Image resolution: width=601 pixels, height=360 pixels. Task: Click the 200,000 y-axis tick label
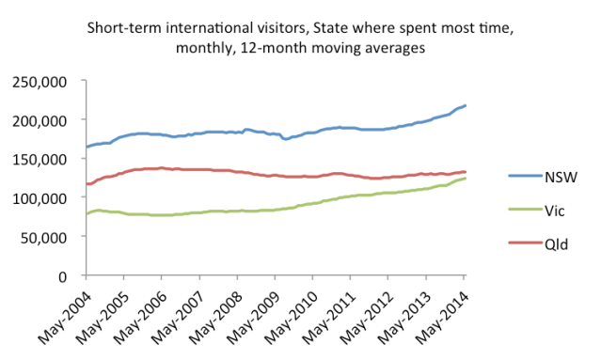pos(39,120)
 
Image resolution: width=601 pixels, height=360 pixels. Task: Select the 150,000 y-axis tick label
pos(39,159)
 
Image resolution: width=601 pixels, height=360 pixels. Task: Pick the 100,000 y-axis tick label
pos(39,198)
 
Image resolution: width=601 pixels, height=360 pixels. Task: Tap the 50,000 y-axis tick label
pos(43,237)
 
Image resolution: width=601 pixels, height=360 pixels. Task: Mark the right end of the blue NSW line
pos(465,105)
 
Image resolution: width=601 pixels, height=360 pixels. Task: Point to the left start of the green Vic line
pos(87,214)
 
